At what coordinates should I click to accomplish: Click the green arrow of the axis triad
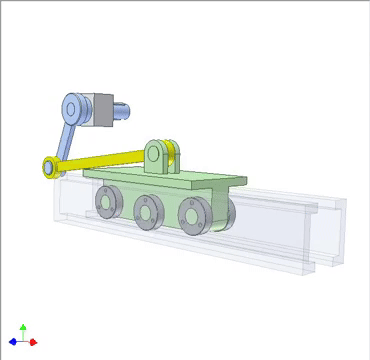23,328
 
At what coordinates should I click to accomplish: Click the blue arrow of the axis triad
14,342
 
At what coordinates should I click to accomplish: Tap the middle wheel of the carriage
146,211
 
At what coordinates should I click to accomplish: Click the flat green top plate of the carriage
200,181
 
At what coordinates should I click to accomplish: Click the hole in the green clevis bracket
158,152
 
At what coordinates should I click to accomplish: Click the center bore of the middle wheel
146,211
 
